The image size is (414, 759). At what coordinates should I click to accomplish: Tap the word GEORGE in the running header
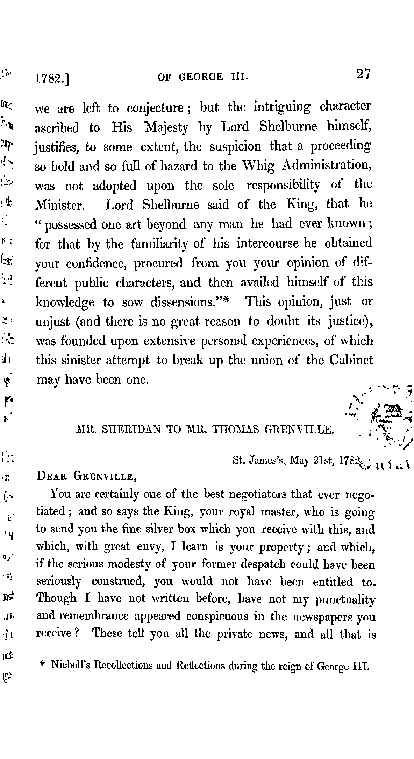(x=200, y=77)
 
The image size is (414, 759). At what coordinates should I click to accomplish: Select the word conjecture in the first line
(x=155, y=108)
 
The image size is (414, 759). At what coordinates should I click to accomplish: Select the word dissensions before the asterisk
(x=186, y=302)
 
